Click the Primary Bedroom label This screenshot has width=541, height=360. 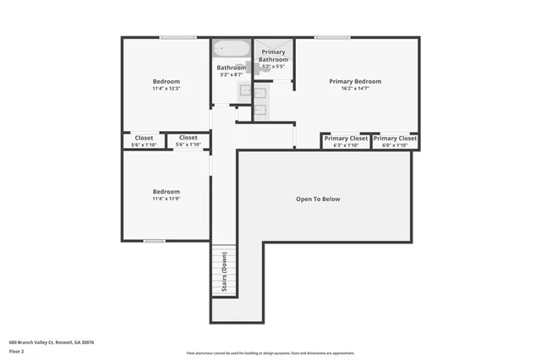(x=355, y=81)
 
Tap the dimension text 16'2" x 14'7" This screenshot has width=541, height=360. (x=355, y=89)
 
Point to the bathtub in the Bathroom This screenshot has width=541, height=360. (x=230, y=49)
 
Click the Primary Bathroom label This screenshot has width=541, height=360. (x=273, y=56)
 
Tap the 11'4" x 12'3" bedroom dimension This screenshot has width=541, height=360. (x=166, y=89)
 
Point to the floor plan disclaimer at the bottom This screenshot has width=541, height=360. (x=270, y=353)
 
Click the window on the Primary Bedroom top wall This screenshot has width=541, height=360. (x=332, y=37)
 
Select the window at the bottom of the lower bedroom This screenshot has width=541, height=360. (x=154, y=241)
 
